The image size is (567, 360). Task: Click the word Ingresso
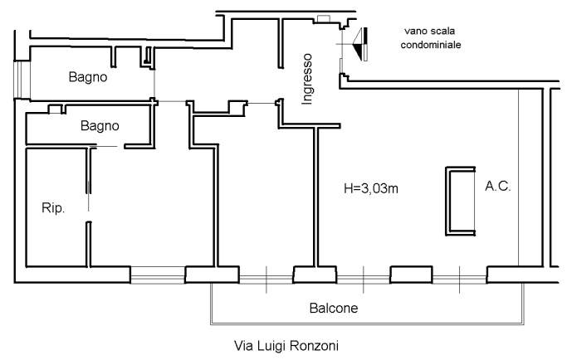pyautogui.click(x=306, y=79)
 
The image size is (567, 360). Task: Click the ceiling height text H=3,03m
pyautogui.click(x=371, y=189)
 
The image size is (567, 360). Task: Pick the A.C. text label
pyautogui.click(x=498, y=187)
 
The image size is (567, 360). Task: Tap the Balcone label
pyautogui.click(x=334, y=308)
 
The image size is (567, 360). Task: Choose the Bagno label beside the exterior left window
pyautogui.click(x=87, y=77)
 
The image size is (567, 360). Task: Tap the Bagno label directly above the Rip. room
pyautogui.click(x=100, y=126)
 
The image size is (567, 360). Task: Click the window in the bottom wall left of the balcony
pyautogui.click(x=157, y=274)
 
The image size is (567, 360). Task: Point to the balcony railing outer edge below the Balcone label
pyautogui.click(x=365, y=324)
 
